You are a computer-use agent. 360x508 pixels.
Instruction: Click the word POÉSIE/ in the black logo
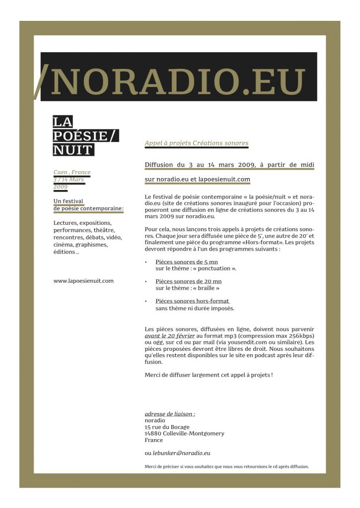click(x=86, y=136)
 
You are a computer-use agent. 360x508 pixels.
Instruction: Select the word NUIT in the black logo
click(x=73, y=149)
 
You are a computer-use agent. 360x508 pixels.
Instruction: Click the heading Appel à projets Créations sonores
click(x=196, y=143)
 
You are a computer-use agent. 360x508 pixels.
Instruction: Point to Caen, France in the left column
click(x=72, y=173)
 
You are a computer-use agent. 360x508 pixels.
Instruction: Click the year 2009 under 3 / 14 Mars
click(x=60, y=187)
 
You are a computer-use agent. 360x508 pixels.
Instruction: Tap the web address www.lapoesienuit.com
click(x=83, y=281)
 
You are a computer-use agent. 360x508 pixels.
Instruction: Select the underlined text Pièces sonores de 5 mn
click(x=187, y=262)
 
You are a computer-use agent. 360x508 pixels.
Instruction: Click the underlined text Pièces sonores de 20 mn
click(x=188, y=281)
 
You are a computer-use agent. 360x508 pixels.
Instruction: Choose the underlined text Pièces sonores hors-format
click(x=192, y=301)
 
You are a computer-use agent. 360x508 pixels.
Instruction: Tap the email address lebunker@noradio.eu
click(x=181, y=453)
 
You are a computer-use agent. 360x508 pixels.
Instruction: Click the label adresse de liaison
click(x=169, y=414)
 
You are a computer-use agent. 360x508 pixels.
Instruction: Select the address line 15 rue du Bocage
click(x=167, y=427)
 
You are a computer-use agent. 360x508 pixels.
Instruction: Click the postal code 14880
click(x=153, y=433)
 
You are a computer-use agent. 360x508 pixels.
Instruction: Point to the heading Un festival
click(x=69, y=201)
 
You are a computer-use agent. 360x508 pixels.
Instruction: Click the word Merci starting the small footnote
click(x=151, y=466)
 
